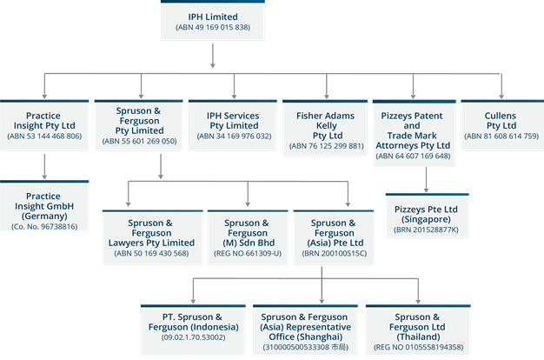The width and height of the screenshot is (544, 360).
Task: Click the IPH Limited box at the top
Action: [x=212, y=21]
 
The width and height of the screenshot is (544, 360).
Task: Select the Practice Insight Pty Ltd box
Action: [x=44, y=124]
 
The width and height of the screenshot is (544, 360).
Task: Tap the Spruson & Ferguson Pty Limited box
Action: [x=139, y=124]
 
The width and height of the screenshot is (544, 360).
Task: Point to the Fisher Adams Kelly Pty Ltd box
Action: [x=326, y=124]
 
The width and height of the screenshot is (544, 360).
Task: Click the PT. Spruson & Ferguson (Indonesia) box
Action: [x=193, y=329]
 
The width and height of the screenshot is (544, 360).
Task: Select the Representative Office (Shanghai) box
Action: [x=304, y=329]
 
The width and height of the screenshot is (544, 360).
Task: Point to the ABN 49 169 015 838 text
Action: [x=212, y=28]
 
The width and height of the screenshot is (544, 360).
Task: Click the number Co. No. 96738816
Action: [x=44, y=226]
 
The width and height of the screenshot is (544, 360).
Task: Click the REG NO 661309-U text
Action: [x=247, y=253]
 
